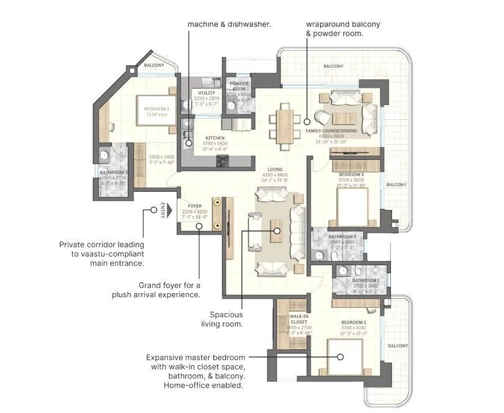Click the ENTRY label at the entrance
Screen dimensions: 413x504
pos(163,211)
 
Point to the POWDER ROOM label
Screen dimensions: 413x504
pos(239,86)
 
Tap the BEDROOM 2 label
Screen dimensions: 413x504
pos(351,176)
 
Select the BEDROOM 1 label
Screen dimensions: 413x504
pos(354,322)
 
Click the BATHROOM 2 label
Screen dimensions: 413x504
pos(342,237)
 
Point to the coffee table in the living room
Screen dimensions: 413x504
pos(276,231)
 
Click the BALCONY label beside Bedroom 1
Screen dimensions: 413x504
pos(398,346)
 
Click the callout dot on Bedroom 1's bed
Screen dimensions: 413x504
pos(341,356)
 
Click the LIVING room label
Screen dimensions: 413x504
pos(275,170)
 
